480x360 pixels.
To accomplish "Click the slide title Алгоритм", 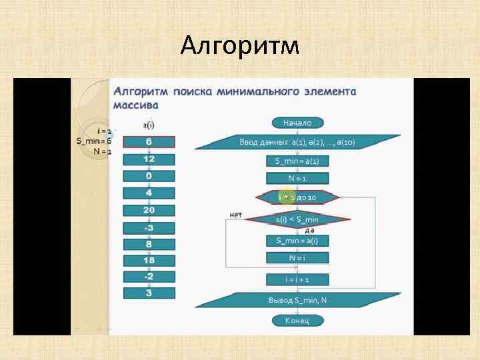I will coord(240,47).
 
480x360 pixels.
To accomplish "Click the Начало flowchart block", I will coord(297,123).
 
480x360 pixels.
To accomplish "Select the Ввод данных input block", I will coord(297,142).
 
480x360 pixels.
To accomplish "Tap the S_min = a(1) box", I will coord(297,161).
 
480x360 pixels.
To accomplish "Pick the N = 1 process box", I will coord(297,178).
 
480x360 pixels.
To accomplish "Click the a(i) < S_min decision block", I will coord(297,219).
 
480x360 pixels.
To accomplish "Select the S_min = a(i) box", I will coord(297,240).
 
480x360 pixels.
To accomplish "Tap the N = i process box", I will coord(297,257).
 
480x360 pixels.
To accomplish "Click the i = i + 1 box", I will coord(297,280).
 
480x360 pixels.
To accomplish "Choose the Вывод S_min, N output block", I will coord(297,300).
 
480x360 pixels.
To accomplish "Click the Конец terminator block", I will coord(297,321).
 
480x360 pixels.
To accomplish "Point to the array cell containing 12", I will coord(149,159).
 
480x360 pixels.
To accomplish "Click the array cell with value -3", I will coord(149,227).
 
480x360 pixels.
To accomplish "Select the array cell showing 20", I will coord(149,210).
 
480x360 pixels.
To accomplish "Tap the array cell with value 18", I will coord(149,260).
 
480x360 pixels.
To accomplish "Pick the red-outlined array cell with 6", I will coord(149,142).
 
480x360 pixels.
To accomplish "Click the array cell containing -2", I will coord(149,276).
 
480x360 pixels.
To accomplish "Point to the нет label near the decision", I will coord(235,214).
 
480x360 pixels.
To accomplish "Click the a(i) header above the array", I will coord(149,124).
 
